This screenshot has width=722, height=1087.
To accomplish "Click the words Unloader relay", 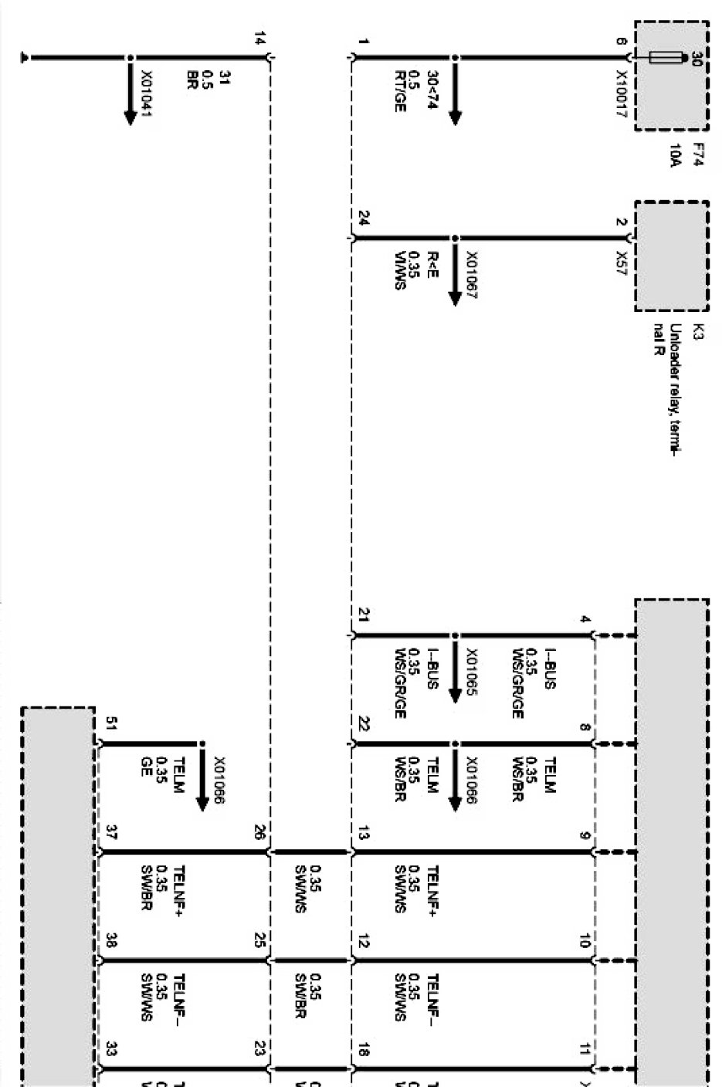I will pos(674,378).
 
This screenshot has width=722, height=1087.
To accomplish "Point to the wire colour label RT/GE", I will pos(399,93).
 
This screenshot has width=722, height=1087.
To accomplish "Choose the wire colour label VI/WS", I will pos(399,271).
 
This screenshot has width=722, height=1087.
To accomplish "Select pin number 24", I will pos(363,218).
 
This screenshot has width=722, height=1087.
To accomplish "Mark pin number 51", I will pos(111,723).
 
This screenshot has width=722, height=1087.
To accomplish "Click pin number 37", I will pos(111,832).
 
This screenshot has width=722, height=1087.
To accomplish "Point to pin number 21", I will pos(363,615).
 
